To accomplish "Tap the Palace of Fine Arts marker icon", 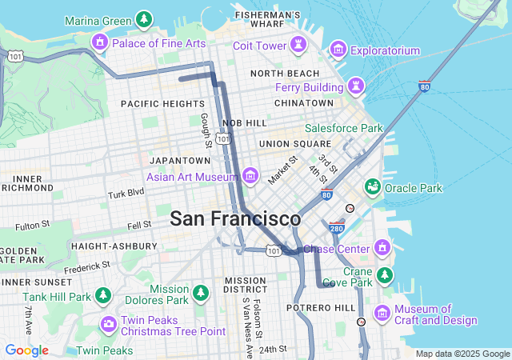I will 101,42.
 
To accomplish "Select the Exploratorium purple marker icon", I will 338,50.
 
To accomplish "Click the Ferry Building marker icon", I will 354,85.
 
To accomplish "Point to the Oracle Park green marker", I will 372,187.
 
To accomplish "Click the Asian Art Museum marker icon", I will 250,174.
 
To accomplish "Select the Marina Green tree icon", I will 143,18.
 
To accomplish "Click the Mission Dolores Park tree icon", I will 200,293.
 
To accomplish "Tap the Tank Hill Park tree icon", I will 103,295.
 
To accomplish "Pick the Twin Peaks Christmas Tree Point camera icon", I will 108,324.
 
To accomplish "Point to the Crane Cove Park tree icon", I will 385,275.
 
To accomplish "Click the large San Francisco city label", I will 235,218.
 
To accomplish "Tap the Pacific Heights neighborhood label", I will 162,104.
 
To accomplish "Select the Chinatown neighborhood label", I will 303,103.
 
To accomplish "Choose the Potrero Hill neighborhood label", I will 320,308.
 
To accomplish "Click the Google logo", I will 26,350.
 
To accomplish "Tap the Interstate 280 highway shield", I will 336,228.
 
